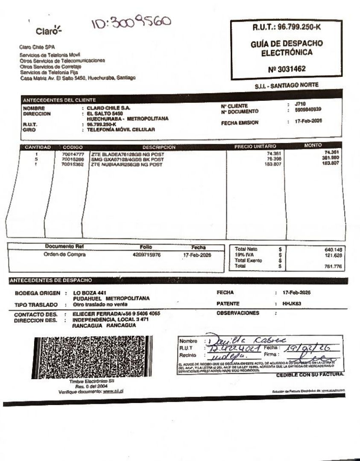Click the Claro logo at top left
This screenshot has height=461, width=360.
coord(48,31)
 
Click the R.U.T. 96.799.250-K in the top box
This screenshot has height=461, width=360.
coord(286,27)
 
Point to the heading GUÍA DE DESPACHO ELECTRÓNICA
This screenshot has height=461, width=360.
coord(286,48)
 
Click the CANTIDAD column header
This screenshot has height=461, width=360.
coord(38,147)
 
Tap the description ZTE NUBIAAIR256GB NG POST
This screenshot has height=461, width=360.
coord(126,164)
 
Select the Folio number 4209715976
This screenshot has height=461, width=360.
coord(146,255)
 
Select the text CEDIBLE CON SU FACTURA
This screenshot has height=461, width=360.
coord(310,375)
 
